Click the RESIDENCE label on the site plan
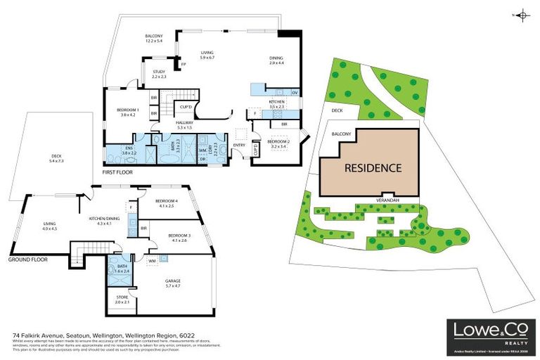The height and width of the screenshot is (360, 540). [x=373, y=168]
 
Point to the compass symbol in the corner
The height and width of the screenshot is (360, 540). [x=522, y=14]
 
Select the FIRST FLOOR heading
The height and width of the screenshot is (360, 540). [x=120, y=171]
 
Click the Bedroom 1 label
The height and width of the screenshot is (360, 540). [x=128, y=112]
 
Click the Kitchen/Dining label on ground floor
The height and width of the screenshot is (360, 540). [x=100, y=220]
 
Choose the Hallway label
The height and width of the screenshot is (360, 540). [x=184, y=124]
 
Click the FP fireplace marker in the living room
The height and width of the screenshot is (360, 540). [x=183, y=65]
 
